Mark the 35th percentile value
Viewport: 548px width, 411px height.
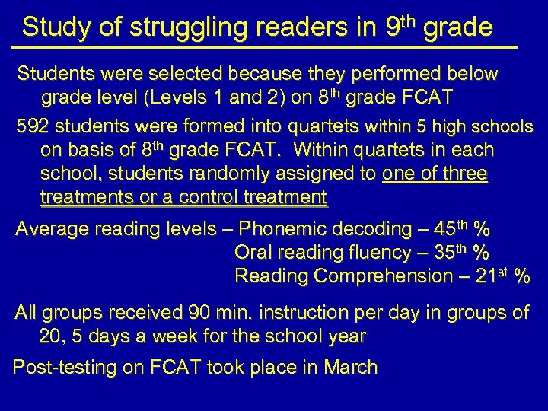pos(449,252)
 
